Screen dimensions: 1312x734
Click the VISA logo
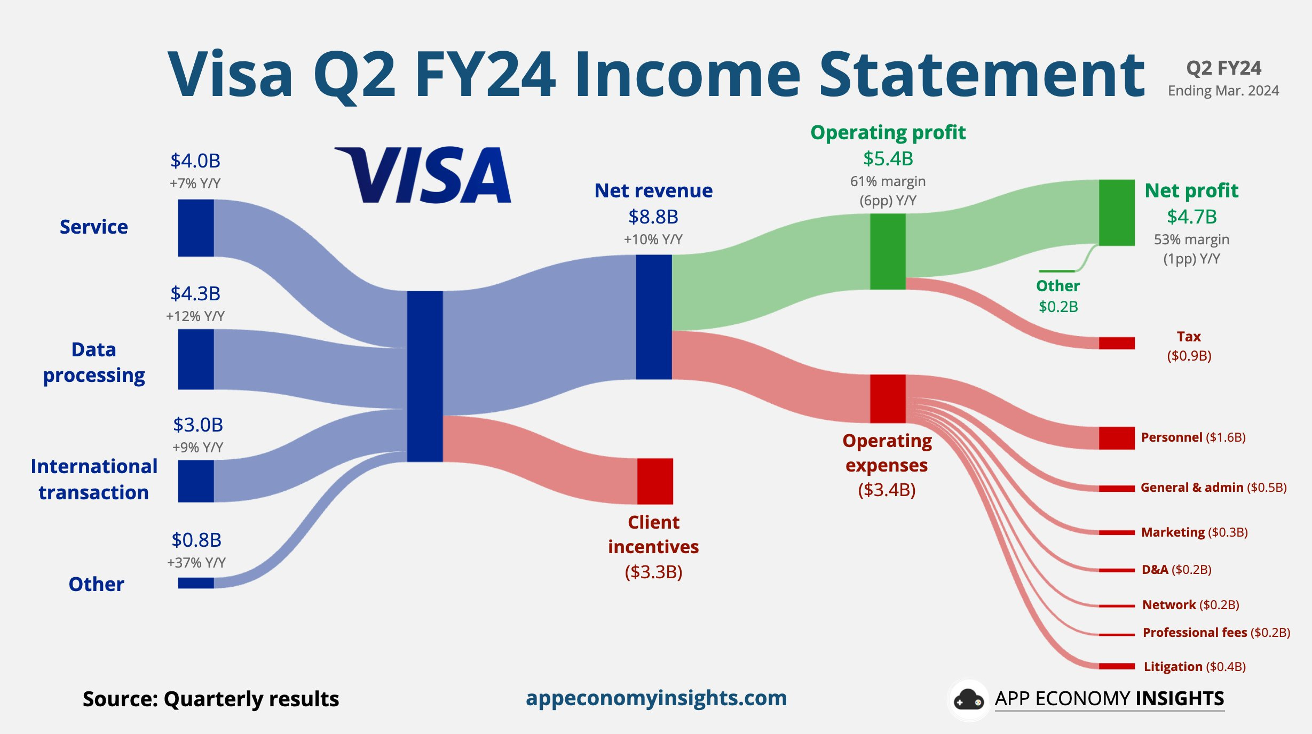pyautogui.click(x=423, y=175)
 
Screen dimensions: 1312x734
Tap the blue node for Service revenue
pyautogui.click(x=196, y=228)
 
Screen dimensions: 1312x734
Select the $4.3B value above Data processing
pyautogui.click(x=195, y=293)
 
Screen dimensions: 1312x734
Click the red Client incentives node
pyautogui.click(x=655, y=481)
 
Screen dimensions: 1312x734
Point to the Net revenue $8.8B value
pyautogui.click(x=653, y=217)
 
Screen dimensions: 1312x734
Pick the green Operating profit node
pyautogui.click(x=888, y=251)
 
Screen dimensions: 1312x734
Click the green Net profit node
pyautogui.click(x=1117, y=212)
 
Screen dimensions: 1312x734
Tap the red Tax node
pyautogui.click(x=1117, y=343)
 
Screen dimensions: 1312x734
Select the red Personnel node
pyautogui.click(x=1117, y=438)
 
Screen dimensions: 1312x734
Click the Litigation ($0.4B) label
pyautogui.click(x=1195, y=666)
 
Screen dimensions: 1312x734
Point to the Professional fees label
pyautogui.click(x=1195, y=632)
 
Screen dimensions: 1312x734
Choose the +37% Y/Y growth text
pyautogui.click(x=196, y=562)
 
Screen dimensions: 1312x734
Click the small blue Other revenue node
pyautogui.click(x=196, y=583)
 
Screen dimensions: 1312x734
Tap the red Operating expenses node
pyautogui.click(x=888, y=398)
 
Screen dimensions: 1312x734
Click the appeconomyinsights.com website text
pyautogui.click(x=656, y=698)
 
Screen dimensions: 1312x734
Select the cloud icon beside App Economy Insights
pyautogui.click(x=968, y=699)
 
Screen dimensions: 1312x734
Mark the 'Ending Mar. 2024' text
pyautogui.click(x=1223, y=91)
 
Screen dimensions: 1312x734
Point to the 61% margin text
pyautogui.click(x=888, y=181)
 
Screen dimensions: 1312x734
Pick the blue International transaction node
pyautogui.click(x=196, y=481)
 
